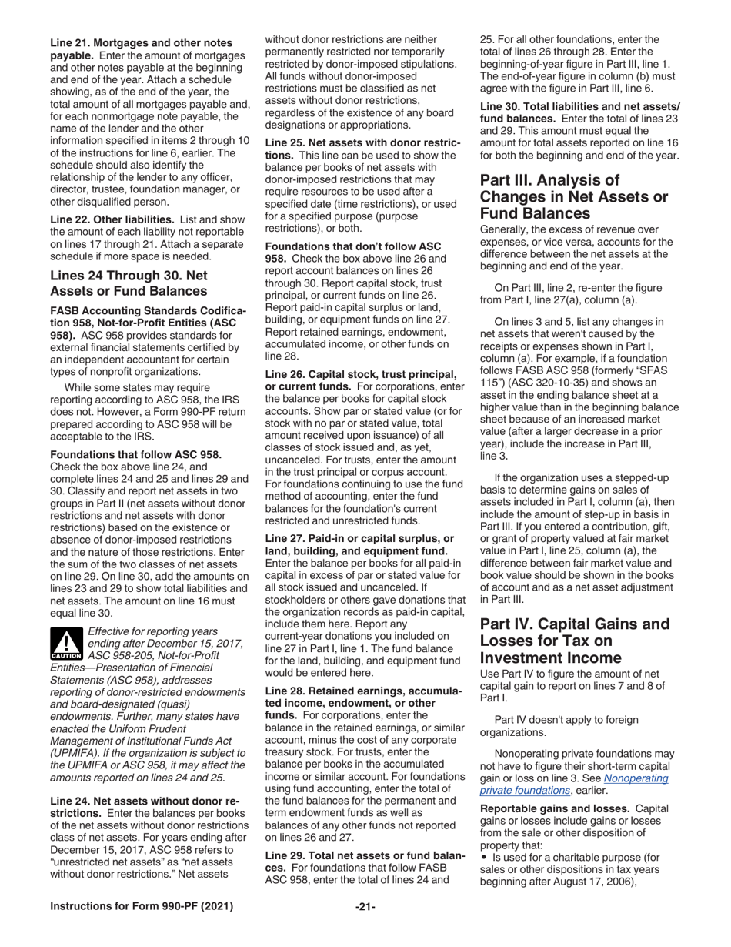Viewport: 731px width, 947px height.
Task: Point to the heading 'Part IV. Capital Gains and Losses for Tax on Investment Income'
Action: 574,641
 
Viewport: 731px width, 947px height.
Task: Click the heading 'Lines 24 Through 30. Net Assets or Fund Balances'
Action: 128,283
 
